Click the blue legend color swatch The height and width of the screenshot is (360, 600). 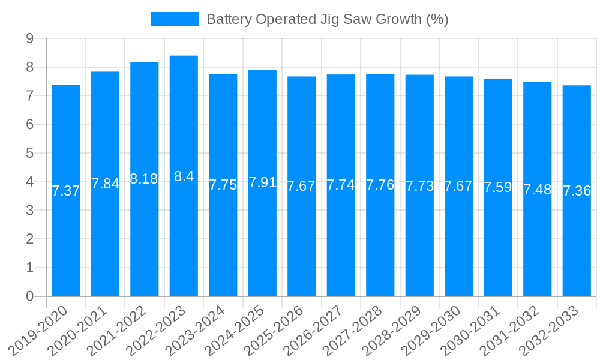click(x=175, y=19)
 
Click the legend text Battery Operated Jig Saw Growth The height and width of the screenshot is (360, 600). click(x=327, y=19)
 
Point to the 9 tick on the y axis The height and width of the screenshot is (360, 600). click(x=29, y=39)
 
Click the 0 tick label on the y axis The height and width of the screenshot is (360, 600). click(x=29, y=296)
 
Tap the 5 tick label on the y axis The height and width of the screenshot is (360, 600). click(x=29, y=154)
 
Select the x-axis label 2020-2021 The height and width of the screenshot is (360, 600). click(x=78, y=329)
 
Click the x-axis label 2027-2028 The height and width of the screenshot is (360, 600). click(x=353, y=329)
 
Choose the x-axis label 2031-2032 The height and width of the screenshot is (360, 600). click(x=511, y=329)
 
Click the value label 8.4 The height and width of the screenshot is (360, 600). click(x=184, y=176)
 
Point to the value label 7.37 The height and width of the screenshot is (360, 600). click(x=66, y=191)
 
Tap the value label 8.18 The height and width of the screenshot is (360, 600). click(x=144, y=179)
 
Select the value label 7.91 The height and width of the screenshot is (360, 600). click(x=262, y=182)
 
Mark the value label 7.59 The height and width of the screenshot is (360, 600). click(x=498, y=187)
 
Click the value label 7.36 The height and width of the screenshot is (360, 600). click(x=577, y=191)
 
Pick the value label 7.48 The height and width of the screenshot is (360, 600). click(x=537, y=190)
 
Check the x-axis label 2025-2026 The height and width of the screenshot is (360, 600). click(x=275, y=329)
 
